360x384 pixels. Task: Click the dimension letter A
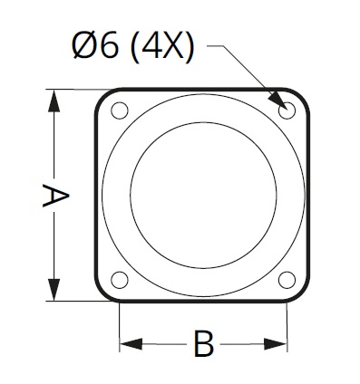click(55, 196)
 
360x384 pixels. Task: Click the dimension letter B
click(203, 344)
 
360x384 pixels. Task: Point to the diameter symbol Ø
click(84, 46)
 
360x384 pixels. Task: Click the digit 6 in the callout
click(109, 46)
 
